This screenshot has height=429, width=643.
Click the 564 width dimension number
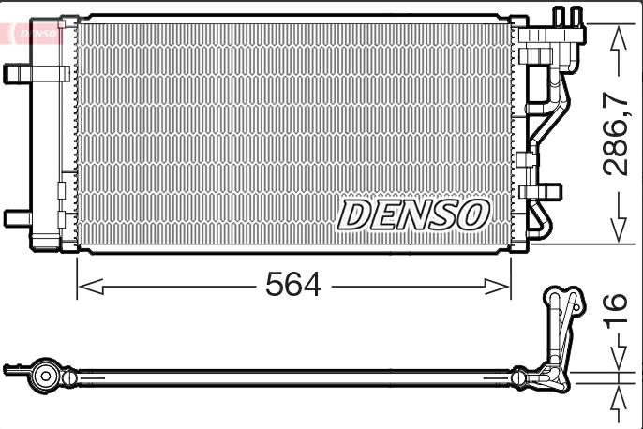point(293,285)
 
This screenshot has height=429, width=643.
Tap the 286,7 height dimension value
point(617,134)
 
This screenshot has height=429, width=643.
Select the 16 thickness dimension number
point(617,308)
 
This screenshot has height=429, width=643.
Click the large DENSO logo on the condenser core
point(413,214)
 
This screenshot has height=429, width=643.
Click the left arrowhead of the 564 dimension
point(91,287)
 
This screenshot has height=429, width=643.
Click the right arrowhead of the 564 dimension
point(497,287)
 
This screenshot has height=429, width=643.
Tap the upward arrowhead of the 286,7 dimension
point(619,39)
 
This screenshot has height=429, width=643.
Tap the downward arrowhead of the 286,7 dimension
point(619,229)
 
